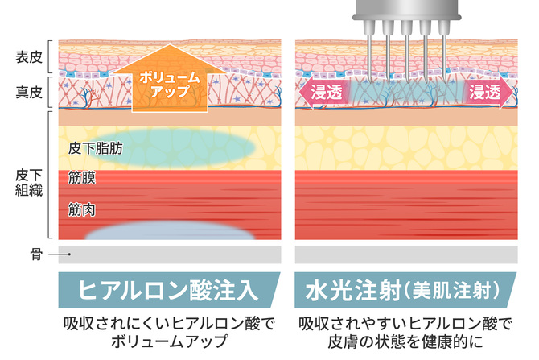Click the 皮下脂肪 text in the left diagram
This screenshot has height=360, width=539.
[95, 148]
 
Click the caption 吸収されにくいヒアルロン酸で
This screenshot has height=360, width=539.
[168, 325]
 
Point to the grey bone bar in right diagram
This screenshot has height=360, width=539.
[407, 255]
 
